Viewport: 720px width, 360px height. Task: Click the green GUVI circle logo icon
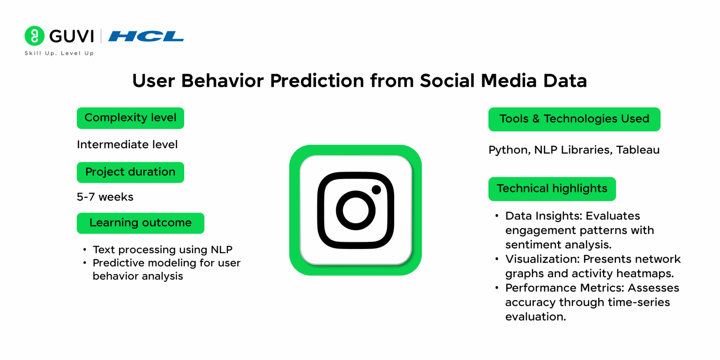click(x=34, y=36)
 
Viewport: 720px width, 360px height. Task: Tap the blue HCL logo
click(x=146, y=36)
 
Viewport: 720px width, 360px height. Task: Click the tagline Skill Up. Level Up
click(x=59, y=53)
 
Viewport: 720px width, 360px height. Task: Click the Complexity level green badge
click(x=130, y=118)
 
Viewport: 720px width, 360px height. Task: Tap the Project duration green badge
click(x=130, y=172)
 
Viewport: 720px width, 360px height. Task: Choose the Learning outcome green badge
click(x=141, y=223)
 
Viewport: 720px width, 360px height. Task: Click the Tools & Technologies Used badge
click(x=574, y=119)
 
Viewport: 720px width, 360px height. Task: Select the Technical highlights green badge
click(x=552, y=189)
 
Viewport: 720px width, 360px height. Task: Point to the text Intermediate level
click(x=127, y=145)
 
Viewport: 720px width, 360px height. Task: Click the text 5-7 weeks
click(x=105, y=197)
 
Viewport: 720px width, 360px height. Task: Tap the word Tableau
click(x=638, y=150)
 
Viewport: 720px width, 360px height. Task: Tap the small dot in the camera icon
click(x=376, y=190)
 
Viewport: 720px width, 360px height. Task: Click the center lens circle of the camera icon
click(x=355, y=210)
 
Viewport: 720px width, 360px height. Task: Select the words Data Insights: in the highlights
click(x=544, y=216)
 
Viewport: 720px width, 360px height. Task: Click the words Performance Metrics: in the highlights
click(x=565, y=288)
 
